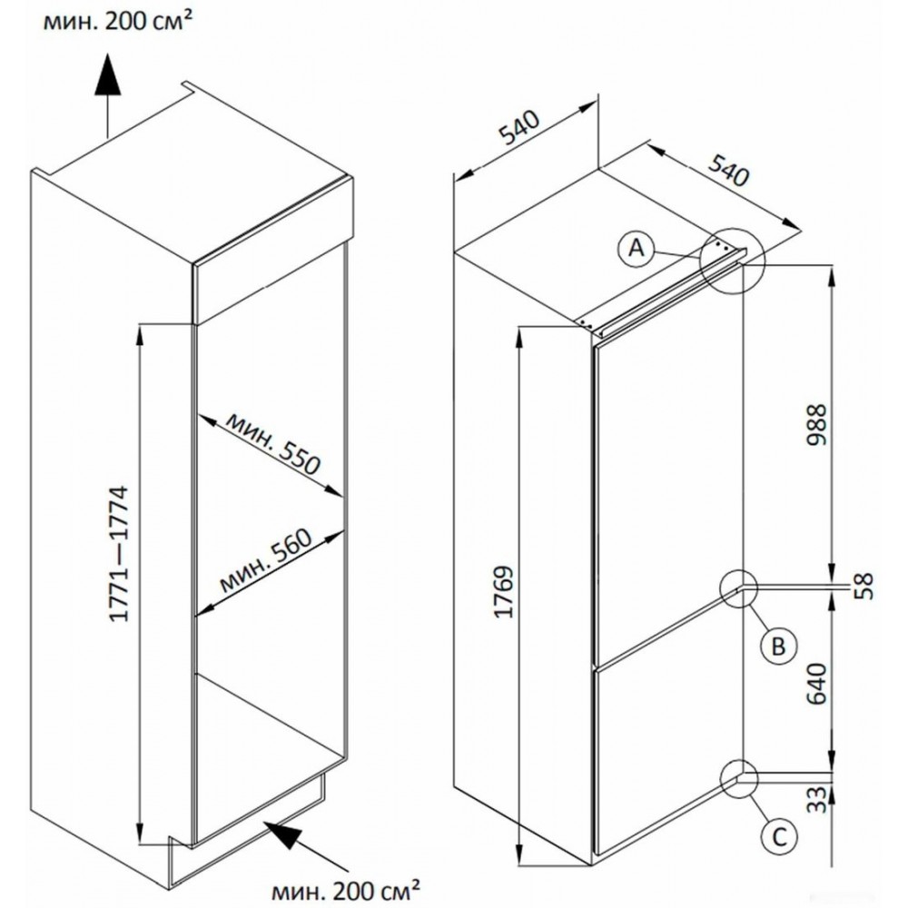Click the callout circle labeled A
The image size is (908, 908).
pos(637,246)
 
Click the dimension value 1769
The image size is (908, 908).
pos(507,591)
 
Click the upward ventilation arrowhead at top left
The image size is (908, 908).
pos(106,72)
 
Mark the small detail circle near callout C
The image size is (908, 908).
pos(739,778)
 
